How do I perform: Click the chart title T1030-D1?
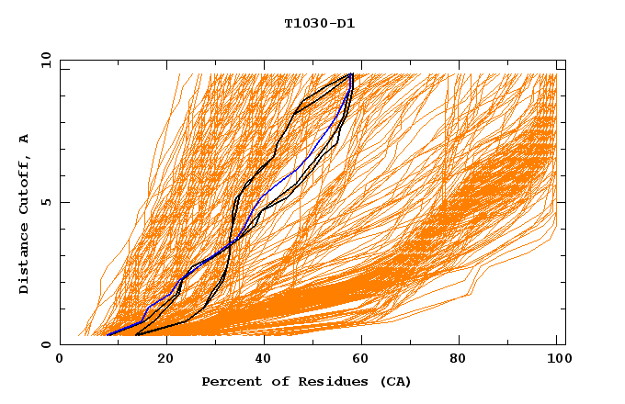(319, 24)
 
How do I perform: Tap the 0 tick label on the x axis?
(60, 360)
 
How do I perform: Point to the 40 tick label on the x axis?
(266, 360)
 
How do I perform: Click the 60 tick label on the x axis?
(365, 360)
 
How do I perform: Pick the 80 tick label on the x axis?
(464, 360)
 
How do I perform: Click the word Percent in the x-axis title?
(229, 381)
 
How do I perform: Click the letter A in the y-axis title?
(24, 138)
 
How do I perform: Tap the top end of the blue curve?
(351, 74)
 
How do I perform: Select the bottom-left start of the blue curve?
(108, 333)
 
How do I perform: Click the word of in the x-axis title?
(274, 381)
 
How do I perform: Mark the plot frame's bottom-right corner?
(565, 344)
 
